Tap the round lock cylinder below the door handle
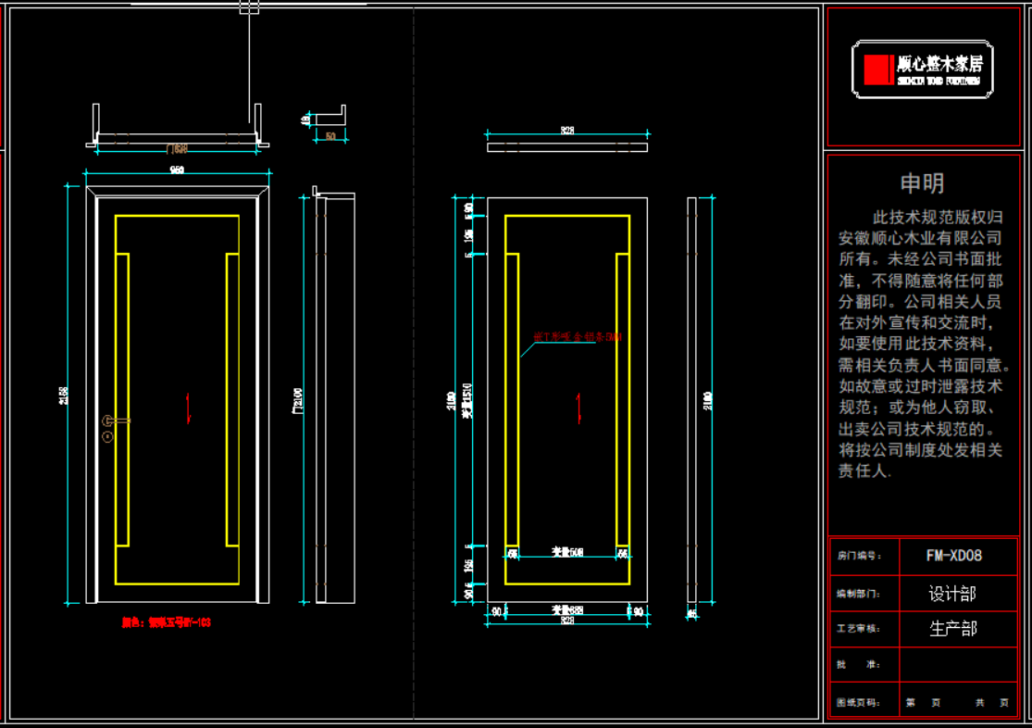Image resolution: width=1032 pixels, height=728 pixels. click(109, 434)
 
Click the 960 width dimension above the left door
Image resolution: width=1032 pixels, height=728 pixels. click(177, 169)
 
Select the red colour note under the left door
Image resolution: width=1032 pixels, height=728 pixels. click(167, 623)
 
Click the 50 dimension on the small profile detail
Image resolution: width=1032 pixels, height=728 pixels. click(330, 137)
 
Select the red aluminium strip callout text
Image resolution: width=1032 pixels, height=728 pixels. click(578, 337)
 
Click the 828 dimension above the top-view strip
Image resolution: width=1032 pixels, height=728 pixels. click(567, 132)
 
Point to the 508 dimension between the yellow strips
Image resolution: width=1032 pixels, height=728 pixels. click(567, 553)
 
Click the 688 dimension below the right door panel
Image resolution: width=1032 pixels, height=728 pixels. click(567, 610)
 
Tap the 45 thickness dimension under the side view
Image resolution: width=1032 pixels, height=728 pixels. click(691, 613)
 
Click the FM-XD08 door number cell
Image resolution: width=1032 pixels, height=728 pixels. click(953, 556)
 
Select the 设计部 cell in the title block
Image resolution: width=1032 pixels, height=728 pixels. click(953, 593)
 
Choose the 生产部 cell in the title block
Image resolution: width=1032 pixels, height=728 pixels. click(953, 629)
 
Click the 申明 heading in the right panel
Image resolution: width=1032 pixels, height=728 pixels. click(922, 183)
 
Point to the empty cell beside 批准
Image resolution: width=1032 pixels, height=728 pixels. click(953, 665)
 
